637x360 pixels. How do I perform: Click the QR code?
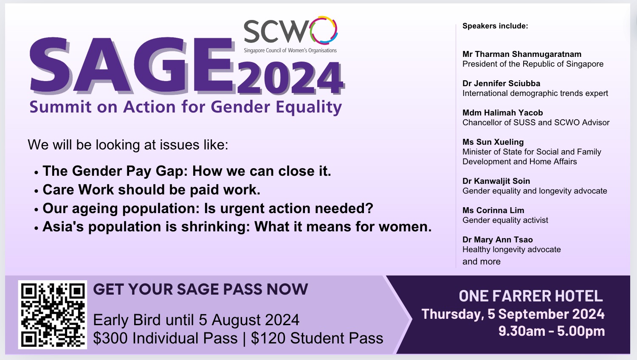[x=53, y=315]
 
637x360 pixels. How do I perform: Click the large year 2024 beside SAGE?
[x=290, y=78]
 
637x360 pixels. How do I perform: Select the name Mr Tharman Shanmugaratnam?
[x=521, y=54]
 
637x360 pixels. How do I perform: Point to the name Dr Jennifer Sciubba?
[x=501, y=83]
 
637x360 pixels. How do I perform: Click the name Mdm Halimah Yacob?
[x=502, y=112]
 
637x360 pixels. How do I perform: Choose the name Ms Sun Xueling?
[x=493, y=142]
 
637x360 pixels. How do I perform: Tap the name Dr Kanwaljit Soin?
[x=496, y=181]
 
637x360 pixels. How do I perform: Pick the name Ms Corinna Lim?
[x=493, y=210]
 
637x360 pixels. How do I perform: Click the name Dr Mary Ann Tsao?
[x=497, y=239]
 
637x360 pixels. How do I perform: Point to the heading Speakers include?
[x=495, y=26]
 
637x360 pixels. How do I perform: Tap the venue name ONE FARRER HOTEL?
[x=531, y=296]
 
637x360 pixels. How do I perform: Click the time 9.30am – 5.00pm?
[x=551, y=331]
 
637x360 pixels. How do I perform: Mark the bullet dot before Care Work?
[x=36, y=191]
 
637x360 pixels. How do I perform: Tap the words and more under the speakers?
[x=481, y=262]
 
